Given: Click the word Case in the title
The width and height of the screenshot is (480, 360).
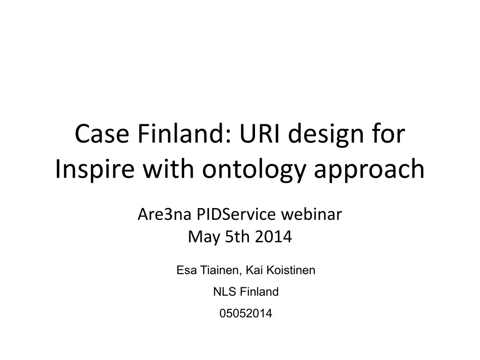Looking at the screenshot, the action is [102, 134].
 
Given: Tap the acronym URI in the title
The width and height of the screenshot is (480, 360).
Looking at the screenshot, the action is [260, 134].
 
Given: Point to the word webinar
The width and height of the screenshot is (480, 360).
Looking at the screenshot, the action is [311, 214].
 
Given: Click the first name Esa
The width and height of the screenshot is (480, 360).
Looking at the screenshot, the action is [187, 270].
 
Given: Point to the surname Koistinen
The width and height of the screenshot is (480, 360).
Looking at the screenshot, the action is [291, 270].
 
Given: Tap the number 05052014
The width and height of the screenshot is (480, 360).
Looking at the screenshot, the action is [246, 314].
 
